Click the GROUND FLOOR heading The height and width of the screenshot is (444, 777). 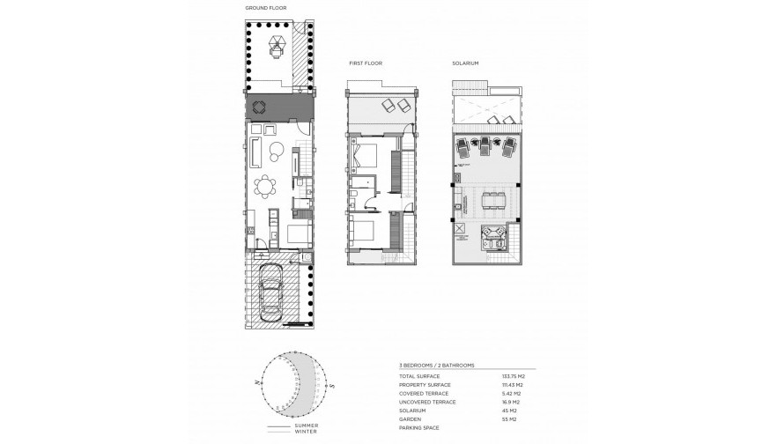265,8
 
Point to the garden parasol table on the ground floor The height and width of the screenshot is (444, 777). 277,45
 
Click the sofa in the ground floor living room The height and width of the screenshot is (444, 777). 255,152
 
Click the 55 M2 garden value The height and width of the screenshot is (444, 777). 509,418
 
